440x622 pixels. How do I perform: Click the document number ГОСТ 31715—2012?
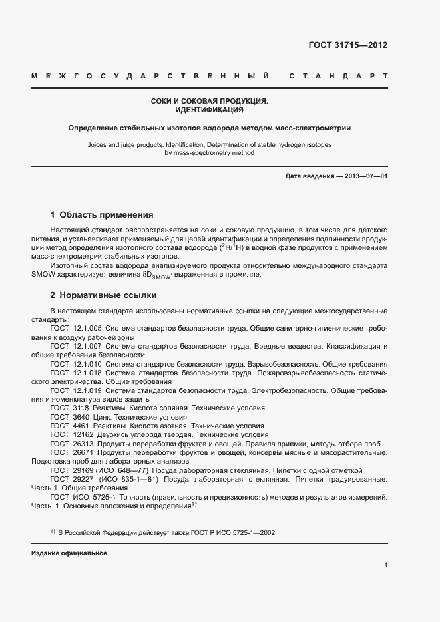[x=347, y=45]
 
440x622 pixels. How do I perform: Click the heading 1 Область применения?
[x=102, y=215]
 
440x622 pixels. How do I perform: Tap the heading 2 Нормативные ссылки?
[x=103, y=295]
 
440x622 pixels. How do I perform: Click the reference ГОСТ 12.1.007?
[x=76, y=347]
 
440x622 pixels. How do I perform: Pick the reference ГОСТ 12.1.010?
[x=76, y=365]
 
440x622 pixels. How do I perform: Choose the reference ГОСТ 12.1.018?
[x=76, y=373]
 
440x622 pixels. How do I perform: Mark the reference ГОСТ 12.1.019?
[x=76, y=390]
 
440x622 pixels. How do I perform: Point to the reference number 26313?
[x=83, y=442]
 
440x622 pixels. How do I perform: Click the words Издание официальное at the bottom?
[x=69, y=553]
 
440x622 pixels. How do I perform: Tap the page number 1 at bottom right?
[x=385, y=566]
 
